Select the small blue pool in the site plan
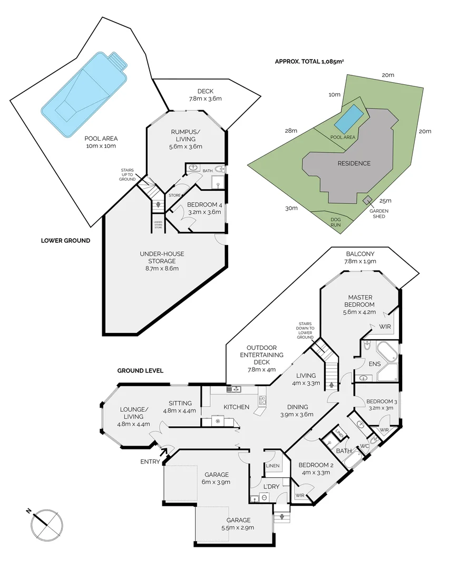(x=349, y=119)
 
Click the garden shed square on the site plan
(x=366, y=200)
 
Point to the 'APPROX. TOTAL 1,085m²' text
(x=309, y=62)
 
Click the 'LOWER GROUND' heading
(x=65, y=241)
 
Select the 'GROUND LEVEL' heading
(x=140, y=371)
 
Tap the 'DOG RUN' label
(x=335, y=222)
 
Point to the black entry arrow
(x=163, y=450)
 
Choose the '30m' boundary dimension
(x=291, y=208)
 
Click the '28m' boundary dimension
(x=291, y=131)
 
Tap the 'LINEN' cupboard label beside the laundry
(x=272, y=466)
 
